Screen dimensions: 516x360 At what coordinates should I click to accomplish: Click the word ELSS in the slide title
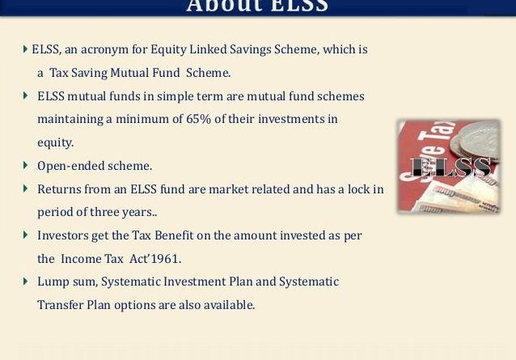tap(299, 6)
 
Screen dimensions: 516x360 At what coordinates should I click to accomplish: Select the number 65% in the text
tap(198, 119)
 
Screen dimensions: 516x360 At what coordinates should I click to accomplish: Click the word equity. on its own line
tap(55, 143)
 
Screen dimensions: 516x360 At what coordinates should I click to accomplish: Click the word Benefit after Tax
tap(174, 235)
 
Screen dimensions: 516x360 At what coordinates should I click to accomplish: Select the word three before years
tap(104, 212)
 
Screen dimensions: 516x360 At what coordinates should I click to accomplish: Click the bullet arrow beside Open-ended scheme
tap(25, 165)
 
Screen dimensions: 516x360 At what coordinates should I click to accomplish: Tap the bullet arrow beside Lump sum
tap(25, 281)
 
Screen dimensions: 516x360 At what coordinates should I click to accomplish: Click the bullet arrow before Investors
tap(25, 235)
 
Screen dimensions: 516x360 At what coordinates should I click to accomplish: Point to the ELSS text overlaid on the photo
tap(450, 167)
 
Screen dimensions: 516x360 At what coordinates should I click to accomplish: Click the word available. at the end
tap(230, 305)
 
